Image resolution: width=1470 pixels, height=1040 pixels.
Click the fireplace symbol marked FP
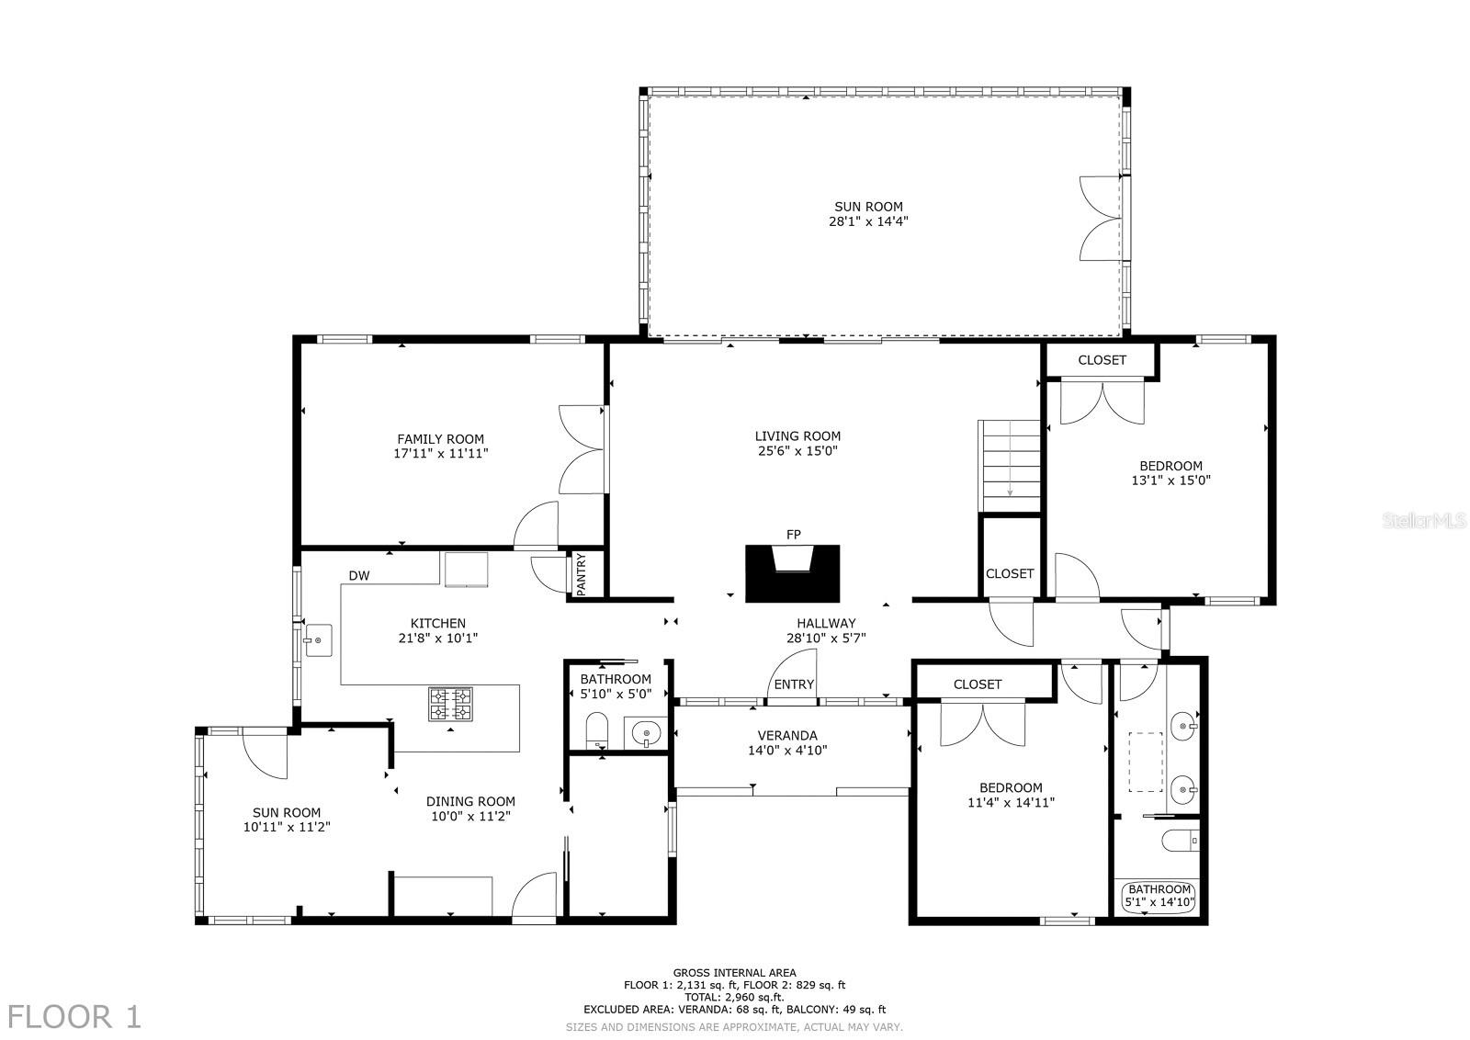(x=792, y=572)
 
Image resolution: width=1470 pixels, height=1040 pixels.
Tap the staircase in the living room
(x=1010, y=466)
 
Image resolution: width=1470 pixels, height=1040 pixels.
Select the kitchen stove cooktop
(x=450, y=704)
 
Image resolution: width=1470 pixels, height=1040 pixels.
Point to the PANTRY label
(x=582, y=574)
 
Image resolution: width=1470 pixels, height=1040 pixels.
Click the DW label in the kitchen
(x=359, y=576)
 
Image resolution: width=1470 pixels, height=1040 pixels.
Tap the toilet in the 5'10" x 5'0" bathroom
(x=597, y=731)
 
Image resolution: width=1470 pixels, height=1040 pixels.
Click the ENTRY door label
(x=794, y=684)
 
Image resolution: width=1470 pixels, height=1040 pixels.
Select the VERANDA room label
(x=787, y=735)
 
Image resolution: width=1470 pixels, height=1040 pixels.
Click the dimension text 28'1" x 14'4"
(x=868, y=221)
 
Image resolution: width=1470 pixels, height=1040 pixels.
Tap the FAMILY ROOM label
(x=440, y=439)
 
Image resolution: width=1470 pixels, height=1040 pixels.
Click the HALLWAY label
(x=826, y=623)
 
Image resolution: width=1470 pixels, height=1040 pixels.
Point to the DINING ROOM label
(x=470, y=801)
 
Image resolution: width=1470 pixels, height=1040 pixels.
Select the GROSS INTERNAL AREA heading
(x=734, y=972)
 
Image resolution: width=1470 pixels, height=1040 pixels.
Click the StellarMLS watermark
(x=1424, y=521)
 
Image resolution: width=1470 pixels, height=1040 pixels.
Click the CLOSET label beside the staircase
(x=1010, y=573)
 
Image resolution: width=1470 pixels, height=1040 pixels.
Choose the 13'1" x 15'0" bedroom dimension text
(x=1170, y=480)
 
